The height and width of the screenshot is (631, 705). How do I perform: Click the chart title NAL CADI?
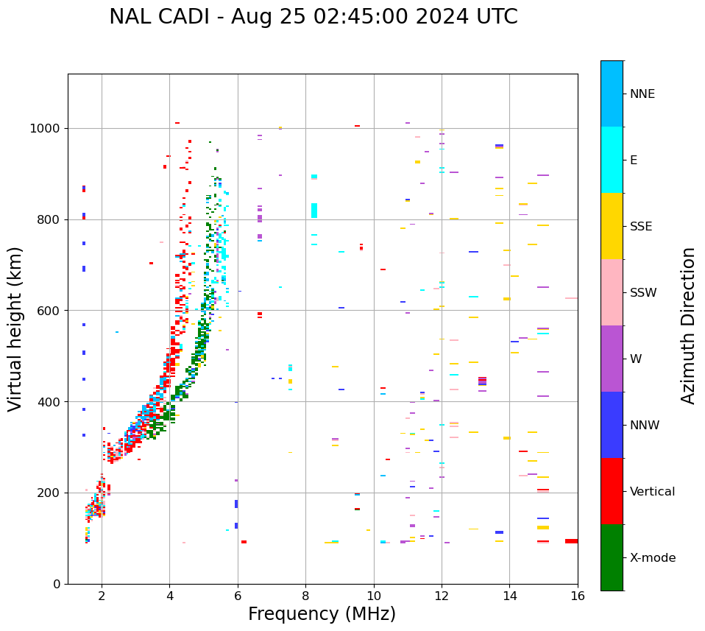click(313, 17)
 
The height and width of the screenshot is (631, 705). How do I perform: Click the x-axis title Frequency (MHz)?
click(322, 614)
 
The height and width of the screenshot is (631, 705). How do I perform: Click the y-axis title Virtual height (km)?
click(15, 329)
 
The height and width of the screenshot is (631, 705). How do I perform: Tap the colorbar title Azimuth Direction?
click(688, 325)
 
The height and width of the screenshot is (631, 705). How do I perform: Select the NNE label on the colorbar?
click(642, 94)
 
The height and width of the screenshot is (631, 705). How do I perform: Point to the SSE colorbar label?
click(640, 227)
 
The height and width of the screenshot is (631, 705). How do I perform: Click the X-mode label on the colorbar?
click(652, 558)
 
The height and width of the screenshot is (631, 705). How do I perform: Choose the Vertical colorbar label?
click(652, 492)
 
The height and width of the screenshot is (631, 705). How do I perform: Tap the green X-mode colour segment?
click(612, 557)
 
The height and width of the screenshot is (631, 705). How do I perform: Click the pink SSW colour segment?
click(612, 292)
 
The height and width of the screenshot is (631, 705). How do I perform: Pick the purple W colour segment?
click(612, 359)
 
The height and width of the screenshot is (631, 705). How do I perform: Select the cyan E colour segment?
click(612, 160)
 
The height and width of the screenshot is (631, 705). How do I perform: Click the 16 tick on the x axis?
click(578, 595)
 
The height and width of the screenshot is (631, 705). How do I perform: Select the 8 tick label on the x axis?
click(305, 595)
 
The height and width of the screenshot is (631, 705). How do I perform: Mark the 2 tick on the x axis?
click(102, 595)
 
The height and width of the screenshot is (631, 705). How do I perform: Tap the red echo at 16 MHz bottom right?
click(571, 541)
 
